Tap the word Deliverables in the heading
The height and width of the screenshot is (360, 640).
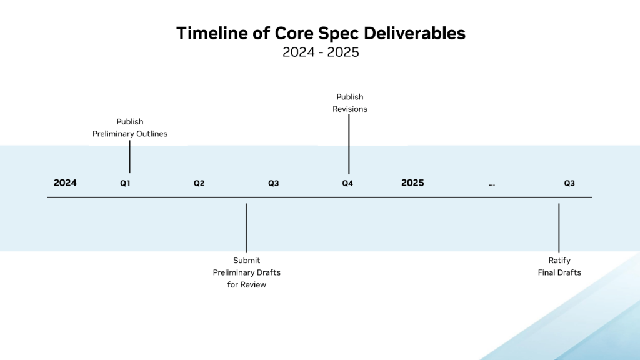click(x=414, y=34)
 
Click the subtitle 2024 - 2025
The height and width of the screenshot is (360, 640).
click(x=321, y=52)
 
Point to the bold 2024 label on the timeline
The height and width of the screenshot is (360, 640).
click(x=65, y=183)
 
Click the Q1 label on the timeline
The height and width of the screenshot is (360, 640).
click(x=125, y=184)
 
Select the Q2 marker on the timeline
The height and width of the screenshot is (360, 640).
click(x=199, y=184)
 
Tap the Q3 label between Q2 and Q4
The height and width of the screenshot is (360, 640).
click(x=274, y=184)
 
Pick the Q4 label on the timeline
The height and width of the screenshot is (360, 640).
click(x=347, y=184)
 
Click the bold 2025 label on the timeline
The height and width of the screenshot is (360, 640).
click(x=412, y=183)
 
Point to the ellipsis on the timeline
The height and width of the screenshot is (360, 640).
click(x=492, y=185)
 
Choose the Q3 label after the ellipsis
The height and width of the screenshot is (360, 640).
click(x=569, y=184)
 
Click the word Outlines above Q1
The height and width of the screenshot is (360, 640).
click(x=152, y=134)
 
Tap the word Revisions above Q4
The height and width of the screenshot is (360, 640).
click(x=350, y=109)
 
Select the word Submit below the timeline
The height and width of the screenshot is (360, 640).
click(x=246, y=261)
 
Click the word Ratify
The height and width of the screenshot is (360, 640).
click(x=559, y=261)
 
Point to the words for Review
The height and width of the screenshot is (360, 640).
click(x=246, y=285)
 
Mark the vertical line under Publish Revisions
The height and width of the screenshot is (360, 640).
click(x=349, y=144)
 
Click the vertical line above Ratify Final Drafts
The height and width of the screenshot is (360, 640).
click(x=559, y=228)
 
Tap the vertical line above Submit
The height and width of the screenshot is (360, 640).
click(x=246, y=228)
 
